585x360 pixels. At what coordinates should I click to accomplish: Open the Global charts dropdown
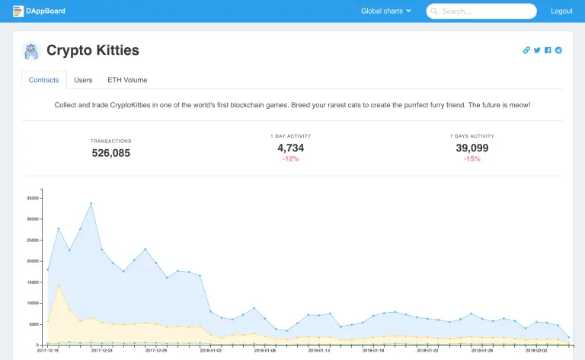click(x=385, y=11)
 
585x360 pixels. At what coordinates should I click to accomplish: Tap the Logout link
click(x=561, y=11)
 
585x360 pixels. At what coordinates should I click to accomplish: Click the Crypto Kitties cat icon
click(x=31, y=51)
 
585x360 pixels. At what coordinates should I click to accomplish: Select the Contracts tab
click(x=43, y=80)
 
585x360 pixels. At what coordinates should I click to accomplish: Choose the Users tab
click(x=83, y=80)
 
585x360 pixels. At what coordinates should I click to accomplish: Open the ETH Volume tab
click(x=127, y=80)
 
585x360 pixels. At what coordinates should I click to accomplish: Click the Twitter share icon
click(x=537, y=50)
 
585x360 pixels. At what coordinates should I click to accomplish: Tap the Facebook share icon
click(x=548, y=50)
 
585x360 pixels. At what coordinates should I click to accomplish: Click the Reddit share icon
click(x=558, y=50)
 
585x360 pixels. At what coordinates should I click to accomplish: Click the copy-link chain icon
click(x=526, y=50)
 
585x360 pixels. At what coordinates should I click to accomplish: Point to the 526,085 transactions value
click(x=111, y=153)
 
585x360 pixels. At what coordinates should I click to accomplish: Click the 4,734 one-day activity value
click(x=291, y=148)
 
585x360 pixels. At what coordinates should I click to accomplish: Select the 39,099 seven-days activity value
click(x=472, y=148)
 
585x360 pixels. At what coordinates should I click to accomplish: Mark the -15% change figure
click(x=472, y=159)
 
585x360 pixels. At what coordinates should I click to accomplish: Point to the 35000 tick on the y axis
click(x=33, y=198)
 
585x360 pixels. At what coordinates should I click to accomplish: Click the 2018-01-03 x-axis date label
click(x=211, y=352)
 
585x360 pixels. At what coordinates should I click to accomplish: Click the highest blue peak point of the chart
click(x=91, y=203)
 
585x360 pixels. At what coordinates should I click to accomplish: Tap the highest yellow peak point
click(x=59, y=285)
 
